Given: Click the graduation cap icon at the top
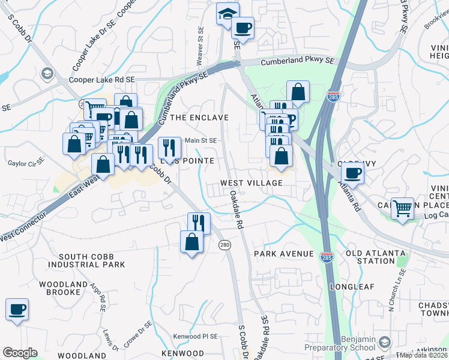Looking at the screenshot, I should pos(228,13).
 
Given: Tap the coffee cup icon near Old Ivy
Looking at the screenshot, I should pos(352,173).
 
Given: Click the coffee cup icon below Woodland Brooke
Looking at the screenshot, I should pos(17,310).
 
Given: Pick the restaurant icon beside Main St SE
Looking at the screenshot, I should pos(169,148).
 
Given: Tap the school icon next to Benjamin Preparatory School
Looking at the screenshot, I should pos(384,343).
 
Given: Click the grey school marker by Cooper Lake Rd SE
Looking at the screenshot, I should pos(46,74).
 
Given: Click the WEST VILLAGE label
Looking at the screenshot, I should pos(252,183).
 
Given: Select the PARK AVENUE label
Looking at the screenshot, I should pos(283,254).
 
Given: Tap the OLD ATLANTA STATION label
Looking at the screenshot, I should pos(370,257).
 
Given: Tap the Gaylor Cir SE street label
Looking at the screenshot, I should pos(26,162).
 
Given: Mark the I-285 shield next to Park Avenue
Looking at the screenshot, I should pos(327,257).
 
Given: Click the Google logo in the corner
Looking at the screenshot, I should pos(20,353).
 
